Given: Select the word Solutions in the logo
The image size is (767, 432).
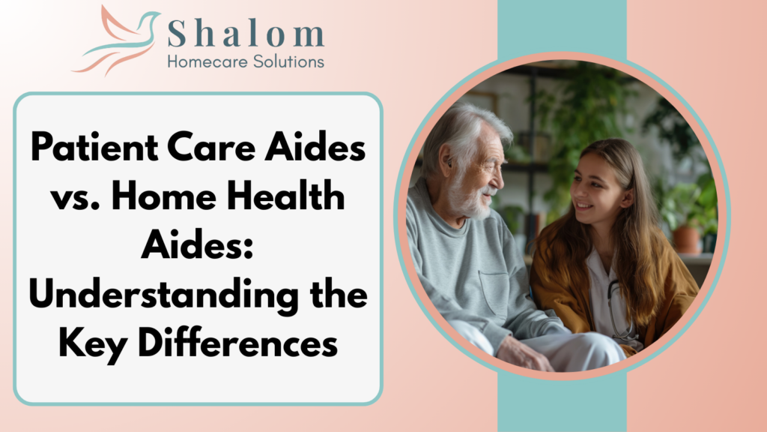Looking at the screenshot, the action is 289,61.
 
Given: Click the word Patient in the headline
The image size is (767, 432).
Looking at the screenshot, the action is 94,147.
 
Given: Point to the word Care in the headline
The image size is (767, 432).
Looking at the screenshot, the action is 211,147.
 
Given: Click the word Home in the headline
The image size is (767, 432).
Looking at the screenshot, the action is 164,196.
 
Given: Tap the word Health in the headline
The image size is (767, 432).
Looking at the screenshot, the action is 285,196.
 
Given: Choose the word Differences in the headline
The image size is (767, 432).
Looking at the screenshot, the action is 237,343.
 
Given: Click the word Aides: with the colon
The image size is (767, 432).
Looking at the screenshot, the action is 197,245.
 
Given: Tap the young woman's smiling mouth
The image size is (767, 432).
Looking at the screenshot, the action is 583,205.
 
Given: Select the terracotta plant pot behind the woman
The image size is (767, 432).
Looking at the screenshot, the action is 686,239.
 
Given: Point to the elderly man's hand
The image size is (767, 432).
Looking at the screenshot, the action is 522,354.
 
